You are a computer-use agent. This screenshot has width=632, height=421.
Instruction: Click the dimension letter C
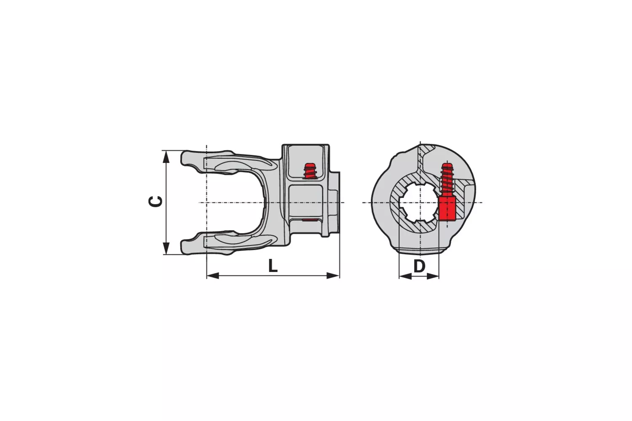coord(156,202)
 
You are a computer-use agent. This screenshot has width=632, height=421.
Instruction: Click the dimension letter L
coord(273,266)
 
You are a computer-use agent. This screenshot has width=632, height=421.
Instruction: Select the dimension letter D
coord(419,266)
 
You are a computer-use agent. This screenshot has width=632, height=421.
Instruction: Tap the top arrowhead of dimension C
coord(166,156)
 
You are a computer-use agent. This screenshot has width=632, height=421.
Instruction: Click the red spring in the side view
coord(311,171)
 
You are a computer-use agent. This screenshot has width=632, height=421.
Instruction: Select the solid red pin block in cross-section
coord(447,209)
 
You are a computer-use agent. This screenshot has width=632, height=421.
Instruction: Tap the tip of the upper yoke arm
coord(185,158)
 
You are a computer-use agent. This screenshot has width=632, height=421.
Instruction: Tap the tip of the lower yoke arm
coord(185,247)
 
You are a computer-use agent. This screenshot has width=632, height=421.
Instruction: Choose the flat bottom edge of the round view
coord(419,253)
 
